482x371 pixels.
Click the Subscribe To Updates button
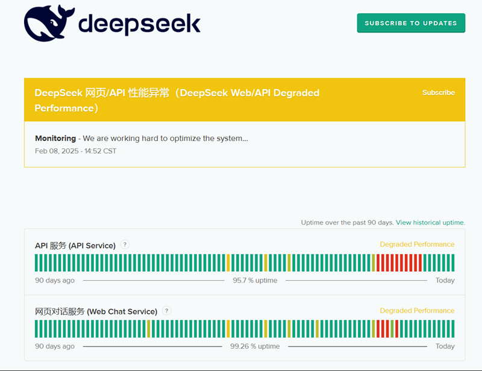pos(411,23)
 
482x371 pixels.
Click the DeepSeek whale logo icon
pos(48,23)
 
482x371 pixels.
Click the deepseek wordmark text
pos(139,23)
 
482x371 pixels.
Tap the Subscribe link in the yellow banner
pos(438,93)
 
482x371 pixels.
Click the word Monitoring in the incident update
pos(55,139)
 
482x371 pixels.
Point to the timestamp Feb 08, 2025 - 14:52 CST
pos(75,151)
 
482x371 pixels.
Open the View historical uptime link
pos(430,222)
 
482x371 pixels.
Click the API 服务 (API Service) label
pos(75,245)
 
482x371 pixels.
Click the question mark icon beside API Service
pos(125,245)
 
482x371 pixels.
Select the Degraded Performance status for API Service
pos(417,245)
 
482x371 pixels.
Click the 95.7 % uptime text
pos(255,281)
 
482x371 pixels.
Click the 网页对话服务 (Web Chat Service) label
pos(96,311)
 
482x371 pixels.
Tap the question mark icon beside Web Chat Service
pos(167,311)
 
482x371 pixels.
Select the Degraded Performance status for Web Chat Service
pos(417,311)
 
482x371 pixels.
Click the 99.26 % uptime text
pos(255,346)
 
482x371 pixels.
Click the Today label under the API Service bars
pos(445,281)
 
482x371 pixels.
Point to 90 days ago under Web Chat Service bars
pos(55,346)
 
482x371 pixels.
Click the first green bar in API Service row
pos(37,263)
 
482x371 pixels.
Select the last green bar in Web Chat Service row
pos(452,329)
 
